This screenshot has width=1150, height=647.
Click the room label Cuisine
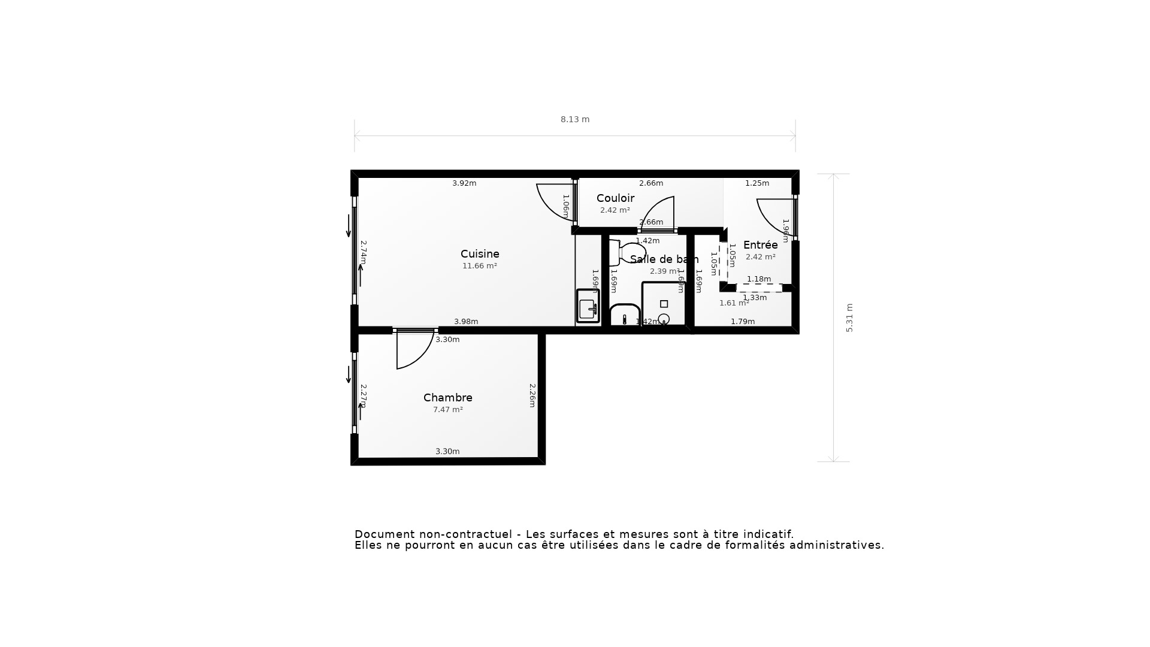(x=480, y=254)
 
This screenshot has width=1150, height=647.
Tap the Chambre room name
(x=447, y=398)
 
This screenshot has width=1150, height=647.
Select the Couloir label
(x=615, y=198)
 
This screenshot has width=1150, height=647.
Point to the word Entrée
(x=760, y=245)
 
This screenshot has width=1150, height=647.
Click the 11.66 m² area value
(x=479, y=266)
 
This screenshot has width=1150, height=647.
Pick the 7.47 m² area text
(x=447, y=410)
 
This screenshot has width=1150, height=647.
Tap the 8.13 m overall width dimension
(x=574, y=119)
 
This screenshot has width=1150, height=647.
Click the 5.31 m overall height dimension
(x=849, y=318)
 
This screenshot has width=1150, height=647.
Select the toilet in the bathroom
(x=626, y=252)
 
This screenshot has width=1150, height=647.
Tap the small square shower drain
(x=664, y=304)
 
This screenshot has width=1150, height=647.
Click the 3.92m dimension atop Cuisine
(x=464, y=183)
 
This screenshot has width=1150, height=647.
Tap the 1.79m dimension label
(x=742, y=322)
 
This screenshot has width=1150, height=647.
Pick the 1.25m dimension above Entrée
(x=756, y=183)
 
